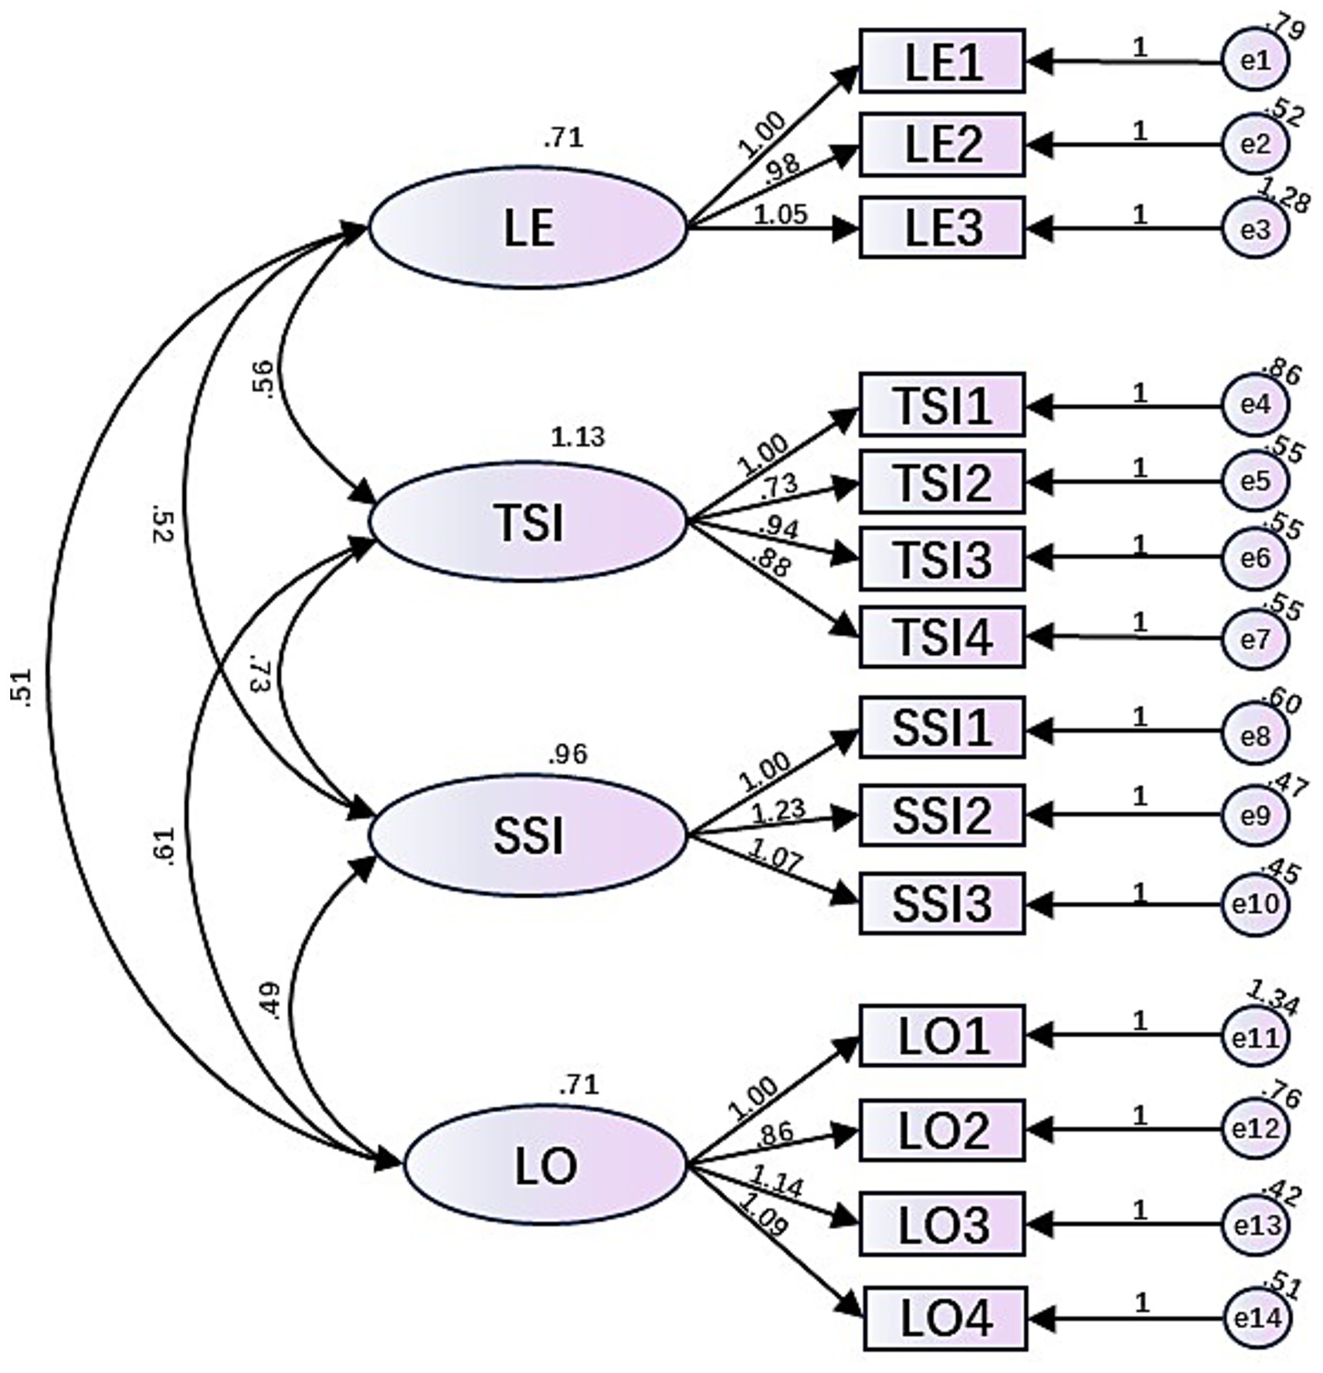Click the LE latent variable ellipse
(528, 228)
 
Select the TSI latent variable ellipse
(528, 522)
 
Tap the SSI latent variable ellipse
(528, 836)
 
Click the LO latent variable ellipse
(545, 1165)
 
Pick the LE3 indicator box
(942, 228)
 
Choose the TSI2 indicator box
(942, 482)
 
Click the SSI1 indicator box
(942, 727)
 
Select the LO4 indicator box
(945, 1319)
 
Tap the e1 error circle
(1255, 60)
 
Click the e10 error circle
(1255, 903)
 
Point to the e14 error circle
(1257, 1319)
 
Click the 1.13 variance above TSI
(578, 438)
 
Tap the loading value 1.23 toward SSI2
(778, 810)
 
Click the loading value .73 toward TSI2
(779, 486)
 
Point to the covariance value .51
(22, 686)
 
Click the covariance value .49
(272, 1002)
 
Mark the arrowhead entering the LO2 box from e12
(1040, 1130)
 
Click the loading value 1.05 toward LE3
(780, 215)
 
